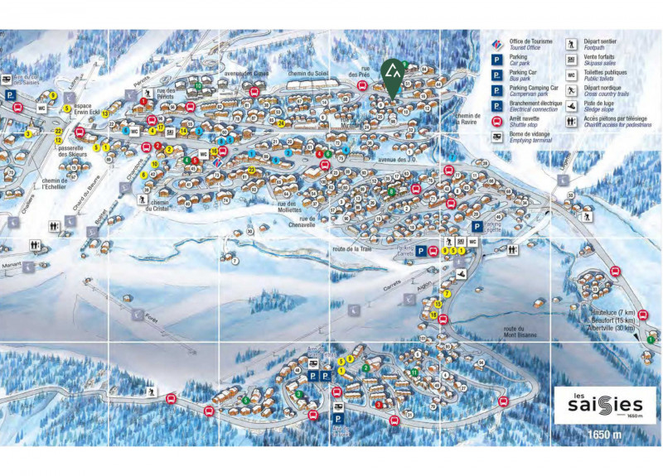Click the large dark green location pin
pos(390,76)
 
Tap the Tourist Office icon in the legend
pos(497,43)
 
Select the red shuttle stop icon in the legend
pos(497,121)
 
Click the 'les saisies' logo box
pos(598,405)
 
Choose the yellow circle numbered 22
pos(58,131)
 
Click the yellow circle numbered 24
pos(282,124)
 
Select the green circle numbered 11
pos(414,373)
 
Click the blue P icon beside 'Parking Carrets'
pos(421,251)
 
